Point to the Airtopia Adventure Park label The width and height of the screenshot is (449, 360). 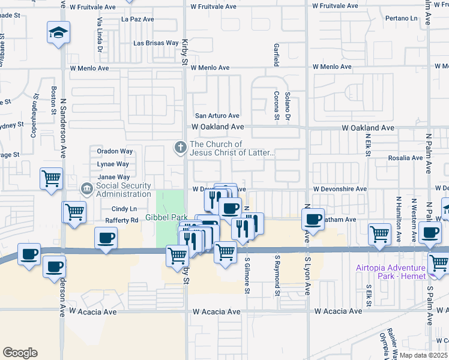tap(398, 271)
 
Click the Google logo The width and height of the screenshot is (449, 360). tap(20, 353)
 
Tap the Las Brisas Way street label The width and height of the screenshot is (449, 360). tap(156, 43)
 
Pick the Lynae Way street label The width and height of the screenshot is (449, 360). tap(113, 164)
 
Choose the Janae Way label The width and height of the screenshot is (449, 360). tap(114, 177)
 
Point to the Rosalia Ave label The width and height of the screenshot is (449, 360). tap(406, 158)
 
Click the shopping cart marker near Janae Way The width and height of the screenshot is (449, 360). tap(51, 178)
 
